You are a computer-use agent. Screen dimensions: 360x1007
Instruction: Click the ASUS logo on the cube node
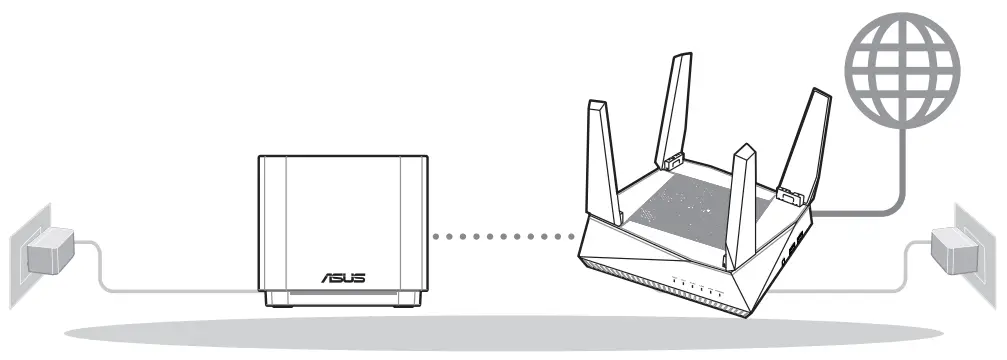click(343, 275)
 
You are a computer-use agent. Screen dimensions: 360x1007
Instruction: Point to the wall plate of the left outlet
click(22, 249)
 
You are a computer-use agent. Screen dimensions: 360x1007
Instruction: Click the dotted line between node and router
click(500, 238)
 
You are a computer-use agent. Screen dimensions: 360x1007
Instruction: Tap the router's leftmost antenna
click(601, 150)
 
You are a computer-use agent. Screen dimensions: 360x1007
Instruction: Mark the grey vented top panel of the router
click(690, 205)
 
